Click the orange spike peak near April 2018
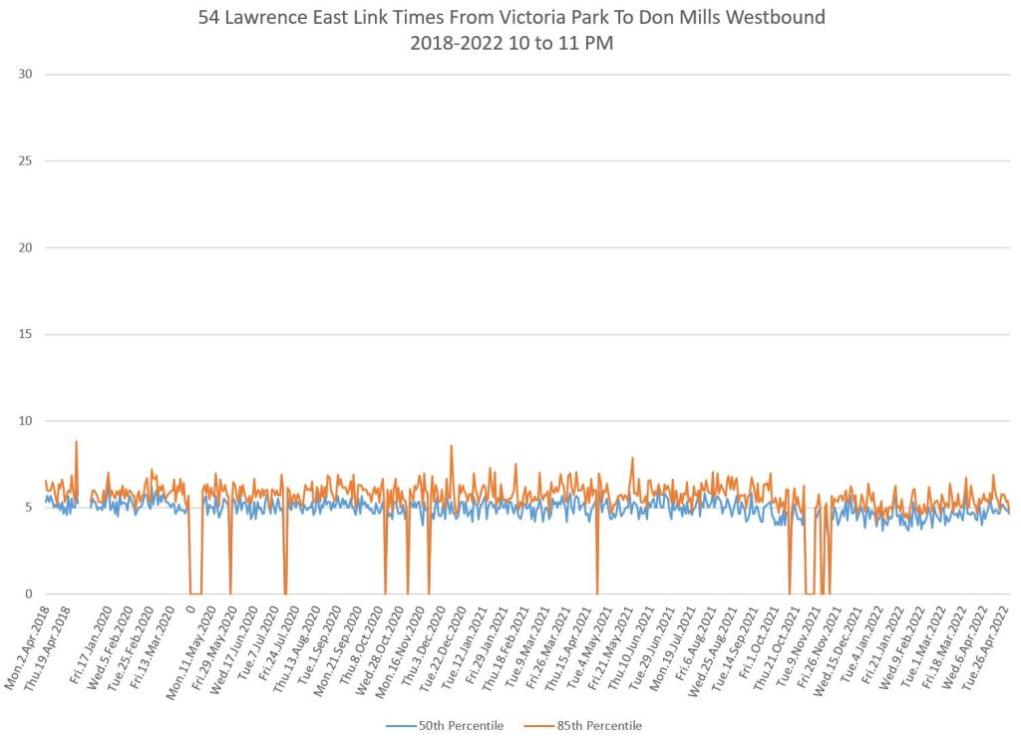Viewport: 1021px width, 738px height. (76, 442)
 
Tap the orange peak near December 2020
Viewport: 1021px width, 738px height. (452, 446)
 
